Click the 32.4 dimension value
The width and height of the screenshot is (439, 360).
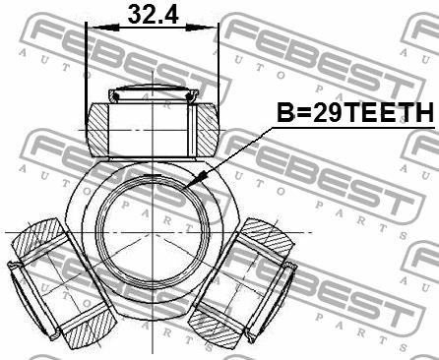coord(153,14)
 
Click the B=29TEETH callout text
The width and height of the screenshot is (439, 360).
coord(355,112)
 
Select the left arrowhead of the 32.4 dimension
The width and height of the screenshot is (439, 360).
coord(102,28)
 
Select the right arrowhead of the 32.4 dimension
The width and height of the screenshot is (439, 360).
coord(202,28)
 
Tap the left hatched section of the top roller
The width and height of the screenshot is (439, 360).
coord(97,130)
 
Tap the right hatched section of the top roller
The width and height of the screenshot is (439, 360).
coord(208,130)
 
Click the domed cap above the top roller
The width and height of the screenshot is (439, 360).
coord(154,91)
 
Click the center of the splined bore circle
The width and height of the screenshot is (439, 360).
coord(154,232)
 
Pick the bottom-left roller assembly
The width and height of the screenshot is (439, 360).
coord(62,283)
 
